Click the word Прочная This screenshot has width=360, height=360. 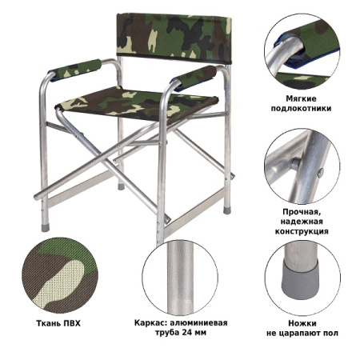coord(301,213)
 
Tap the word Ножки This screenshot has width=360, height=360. coord(302,326)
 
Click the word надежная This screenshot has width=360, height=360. coord(302,222)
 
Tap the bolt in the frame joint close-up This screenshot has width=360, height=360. coord(296,163)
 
